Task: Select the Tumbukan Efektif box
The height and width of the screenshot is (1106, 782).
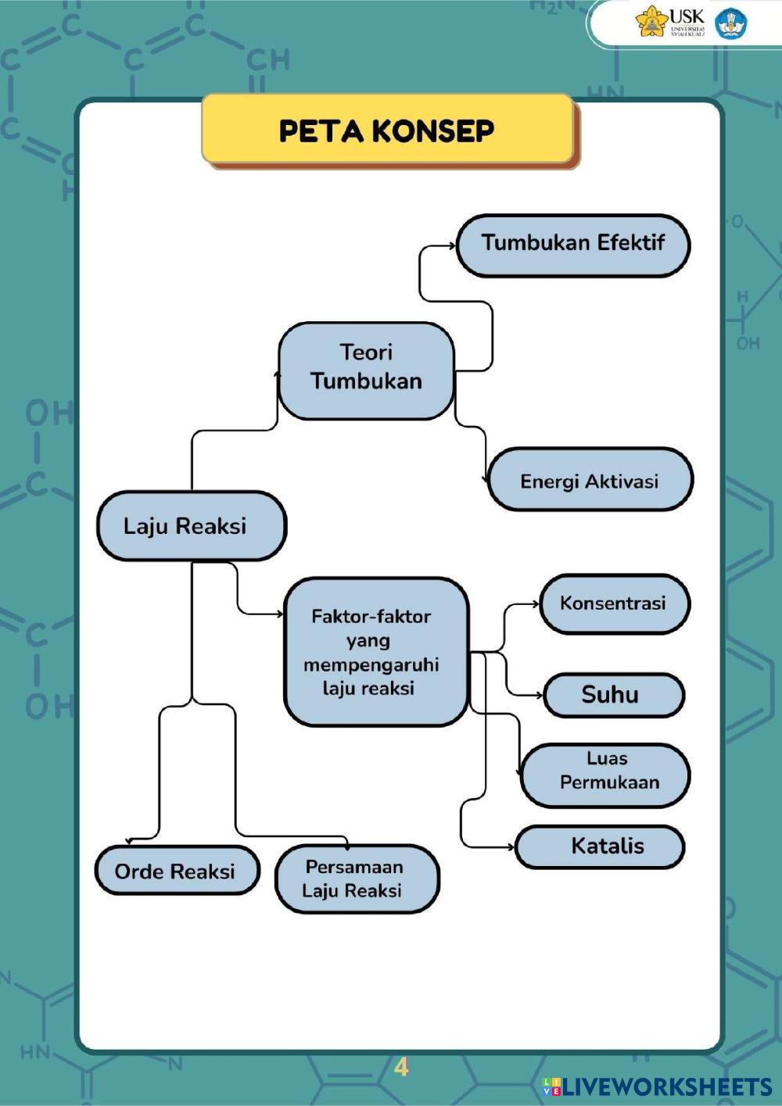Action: point(572,245)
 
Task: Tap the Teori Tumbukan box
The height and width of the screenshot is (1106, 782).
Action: point(366,370)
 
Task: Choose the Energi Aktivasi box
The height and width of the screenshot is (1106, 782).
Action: point(590,480)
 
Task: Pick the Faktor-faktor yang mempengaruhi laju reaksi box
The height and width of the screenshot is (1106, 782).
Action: point(375,652)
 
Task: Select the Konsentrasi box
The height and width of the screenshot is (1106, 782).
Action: point(614,603)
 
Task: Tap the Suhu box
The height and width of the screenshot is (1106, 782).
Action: point(613,695)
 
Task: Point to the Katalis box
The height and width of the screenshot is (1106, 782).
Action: point(600,847)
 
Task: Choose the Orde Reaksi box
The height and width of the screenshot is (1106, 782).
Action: point(176,871)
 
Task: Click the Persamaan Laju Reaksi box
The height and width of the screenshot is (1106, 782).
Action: point(357,879)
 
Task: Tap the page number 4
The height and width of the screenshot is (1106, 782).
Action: point(401,1067)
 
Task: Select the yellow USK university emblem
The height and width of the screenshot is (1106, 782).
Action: point(651,22)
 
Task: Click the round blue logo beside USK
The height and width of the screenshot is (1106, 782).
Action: point(731,23)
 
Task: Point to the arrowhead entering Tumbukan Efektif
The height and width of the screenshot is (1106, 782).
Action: point(452,245)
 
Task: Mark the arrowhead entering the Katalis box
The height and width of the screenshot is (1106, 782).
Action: point(511,847)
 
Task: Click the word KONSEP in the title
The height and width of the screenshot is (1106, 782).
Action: point(432,131)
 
